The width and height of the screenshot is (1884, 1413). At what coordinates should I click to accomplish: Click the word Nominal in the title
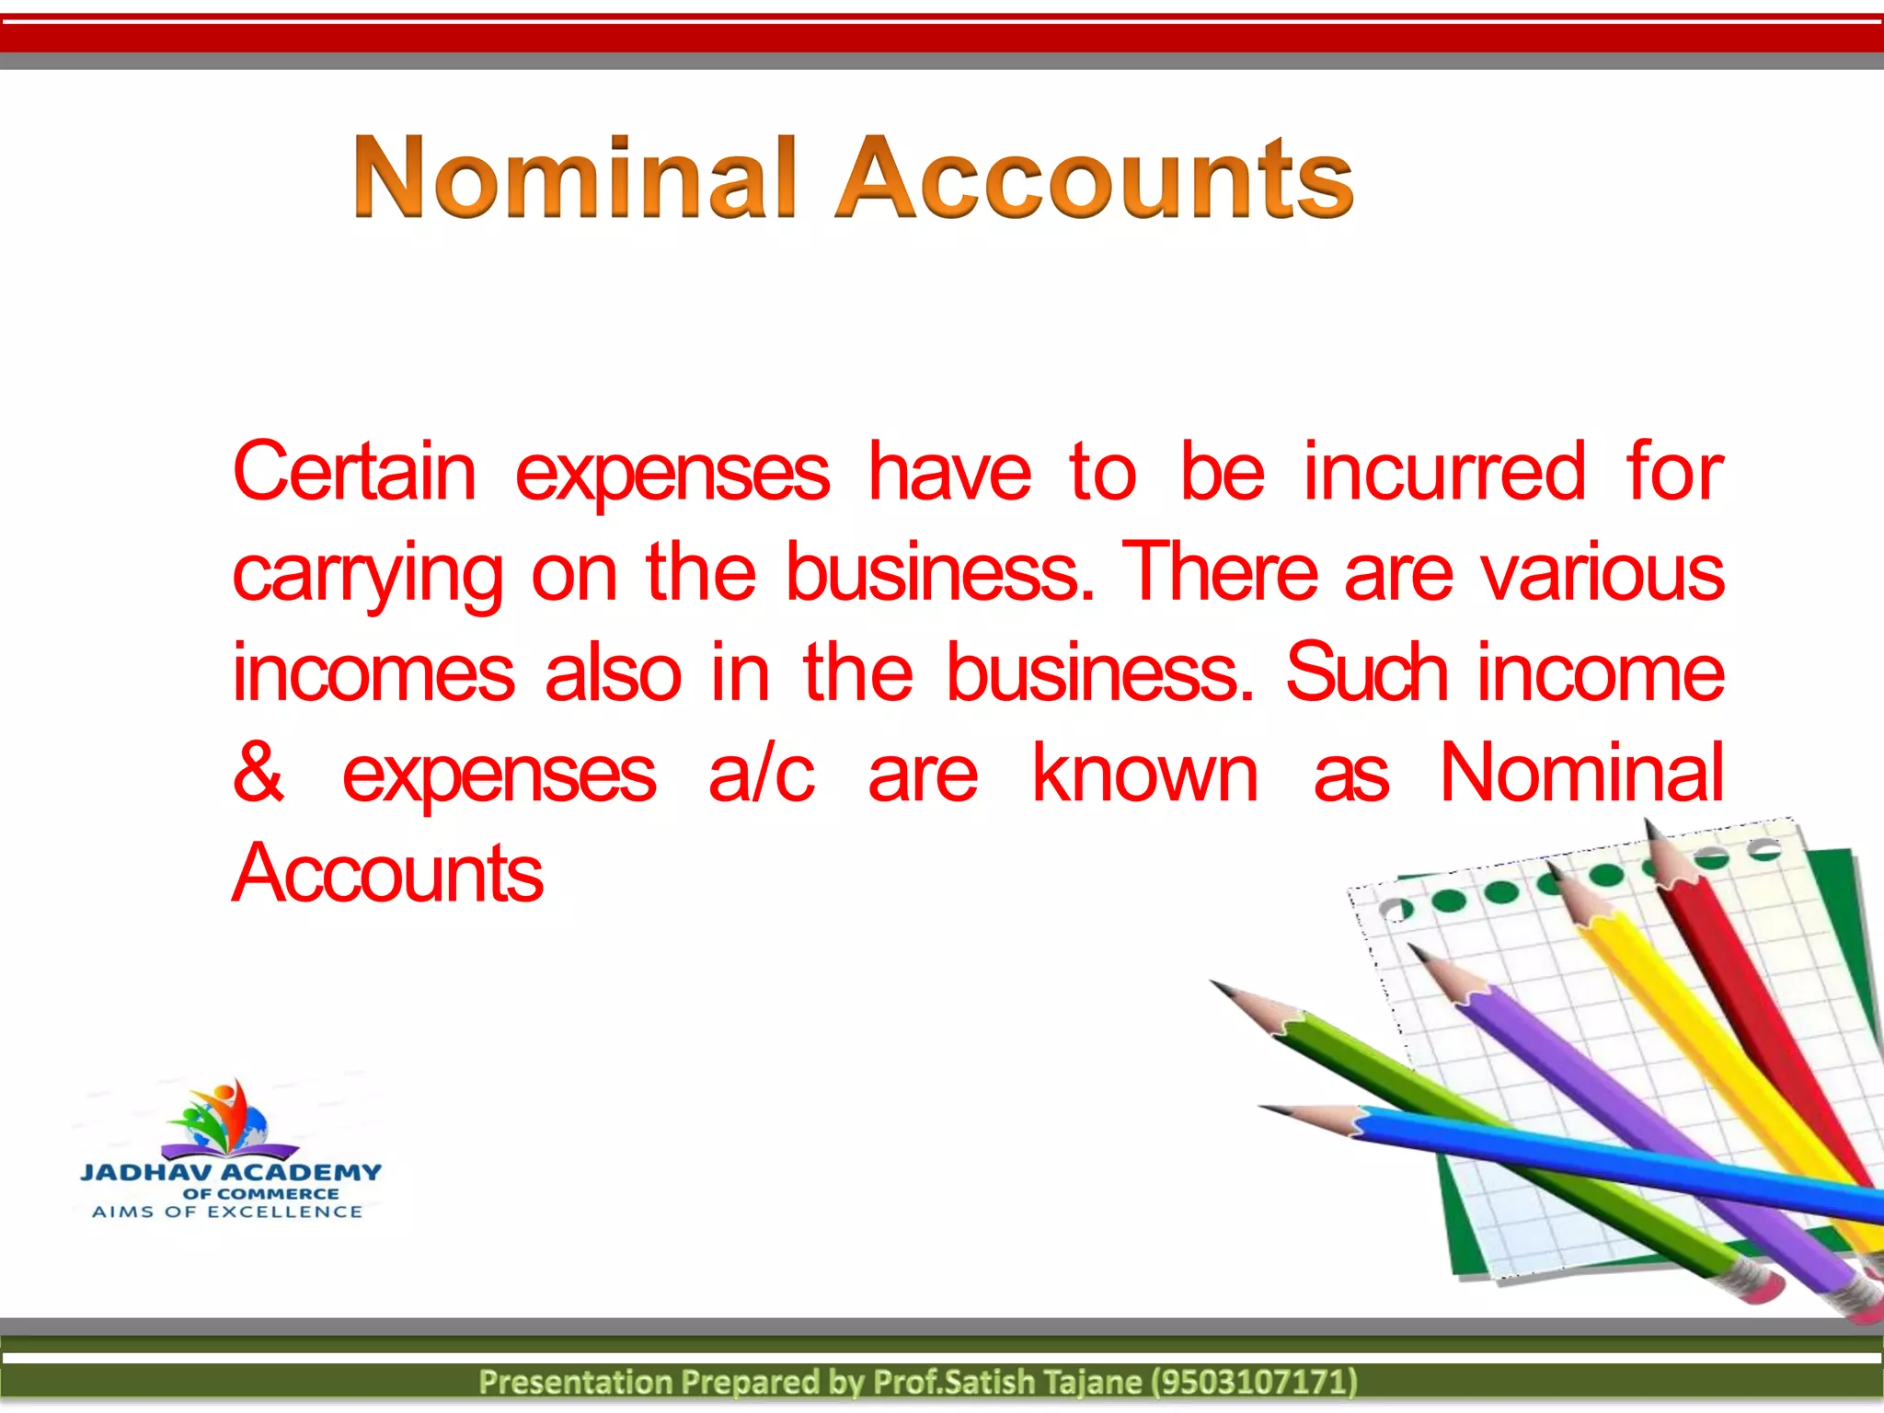coord(574,177)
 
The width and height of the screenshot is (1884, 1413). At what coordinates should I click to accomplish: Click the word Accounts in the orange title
coord(1095,177)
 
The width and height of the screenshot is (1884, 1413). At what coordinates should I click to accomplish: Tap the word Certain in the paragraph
coord(354,472)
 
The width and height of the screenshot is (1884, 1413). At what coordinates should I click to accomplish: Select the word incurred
coord(1445,472)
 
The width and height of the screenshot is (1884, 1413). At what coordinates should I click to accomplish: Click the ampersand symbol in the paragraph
coord(258,773)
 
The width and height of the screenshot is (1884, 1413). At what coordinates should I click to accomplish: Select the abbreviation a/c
coord(761,773)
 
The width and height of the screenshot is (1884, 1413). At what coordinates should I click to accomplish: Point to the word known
coord(1144,773)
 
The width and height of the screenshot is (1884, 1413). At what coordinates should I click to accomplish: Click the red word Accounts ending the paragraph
coord(387,873)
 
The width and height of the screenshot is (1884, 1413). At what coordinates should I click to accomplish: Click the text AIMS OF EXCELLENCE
coord(227,1212)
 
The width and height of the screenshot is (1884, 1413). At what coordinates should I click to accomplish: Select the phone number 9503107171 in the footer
coord(1255,1382)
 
